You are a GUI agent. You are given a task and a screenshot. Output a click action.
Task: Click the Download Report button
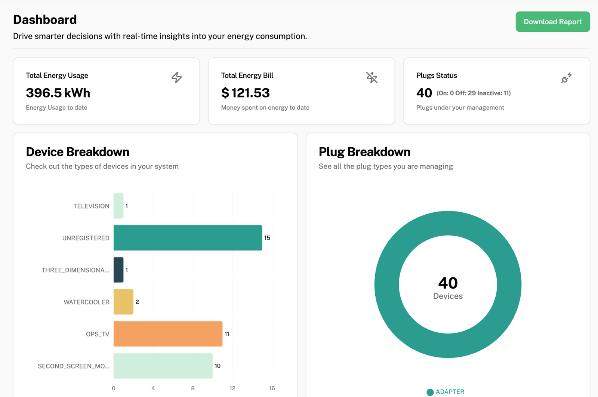[552, 22]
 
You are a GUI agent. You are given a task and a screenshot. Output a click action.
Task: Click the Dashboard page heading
[45, 19]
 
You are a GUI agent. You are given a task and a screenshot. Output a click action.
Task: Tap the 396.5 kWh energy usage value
[58, 93]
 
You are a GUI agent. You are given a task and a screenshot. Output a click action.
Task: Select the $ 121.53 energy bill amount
[245, 93]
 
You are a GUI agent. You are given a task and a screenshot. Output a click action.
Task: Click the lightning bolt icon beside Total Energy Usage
[176, 77]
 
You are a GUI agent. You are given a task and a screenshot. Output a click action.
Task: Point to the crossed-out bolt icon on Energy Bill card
[372, 77]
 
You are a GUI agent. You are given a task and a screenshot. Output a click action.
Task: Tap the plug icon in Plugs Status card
[566, 78]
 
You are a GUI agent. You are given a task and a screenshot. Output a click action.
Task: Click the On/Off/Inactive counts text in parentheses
[473, 93]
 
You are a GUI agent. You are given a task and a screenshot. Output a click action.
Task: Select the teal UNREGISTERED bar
[188, 238]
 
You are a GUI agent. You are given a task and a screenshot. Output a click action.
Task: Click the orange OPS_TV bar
[168, 334]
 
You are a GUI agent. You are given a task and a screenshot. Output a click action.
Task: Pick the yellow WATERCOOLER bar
[123, 302]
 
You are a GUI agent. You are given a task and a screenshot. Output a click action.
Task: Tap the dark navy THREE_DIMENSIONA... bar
[118, 270]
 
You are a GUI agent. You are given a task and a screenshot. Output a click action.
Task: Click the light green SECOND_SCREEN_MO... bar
[163, 366]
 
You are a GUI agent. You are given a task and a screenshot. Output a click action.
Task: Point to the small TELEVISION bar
[118, 206]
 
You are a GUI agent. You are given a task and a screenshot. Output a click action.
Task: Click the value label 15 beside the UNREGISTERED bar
[267, 238]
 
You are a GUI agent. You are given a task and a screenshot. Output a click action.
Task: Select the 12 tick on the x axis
[232, 388]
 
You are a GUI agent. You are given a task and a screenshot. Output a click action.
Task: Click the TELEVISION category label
[91, 206]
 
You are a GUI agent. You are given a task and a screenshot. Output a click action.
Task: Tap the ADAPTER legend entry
[446, 392]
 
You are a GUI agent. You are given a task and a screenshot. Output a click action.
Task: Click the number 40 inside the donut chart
[448, 283]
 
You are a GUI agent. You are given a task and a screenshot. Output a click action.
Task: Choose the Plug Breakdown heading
[364, 152]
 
